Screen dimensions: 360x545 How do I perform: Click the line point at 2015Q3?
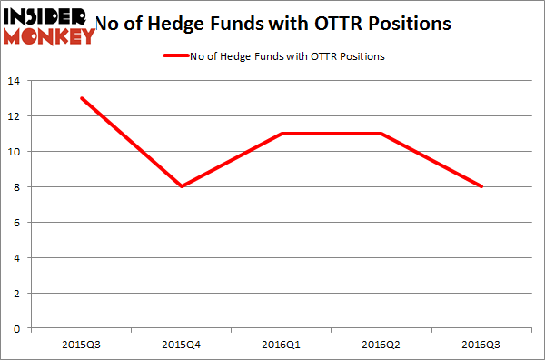[x=83, y=98]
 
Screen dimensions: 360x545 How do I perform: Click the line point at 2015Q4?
[x=183, y=186]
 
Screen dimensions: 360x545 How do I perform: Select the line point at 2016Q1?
[x=282, y=134]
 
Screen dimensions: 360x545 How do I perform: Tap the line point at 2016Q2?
[x=382, y=134]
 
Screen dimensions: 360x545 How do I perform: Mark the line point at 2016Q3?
[x=482, y=186]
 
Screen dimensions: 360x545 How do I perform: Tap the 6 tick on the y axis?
[x=22, y=222]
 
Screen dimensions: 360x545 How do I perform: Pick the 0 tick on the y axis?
[x=22, y=328]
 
